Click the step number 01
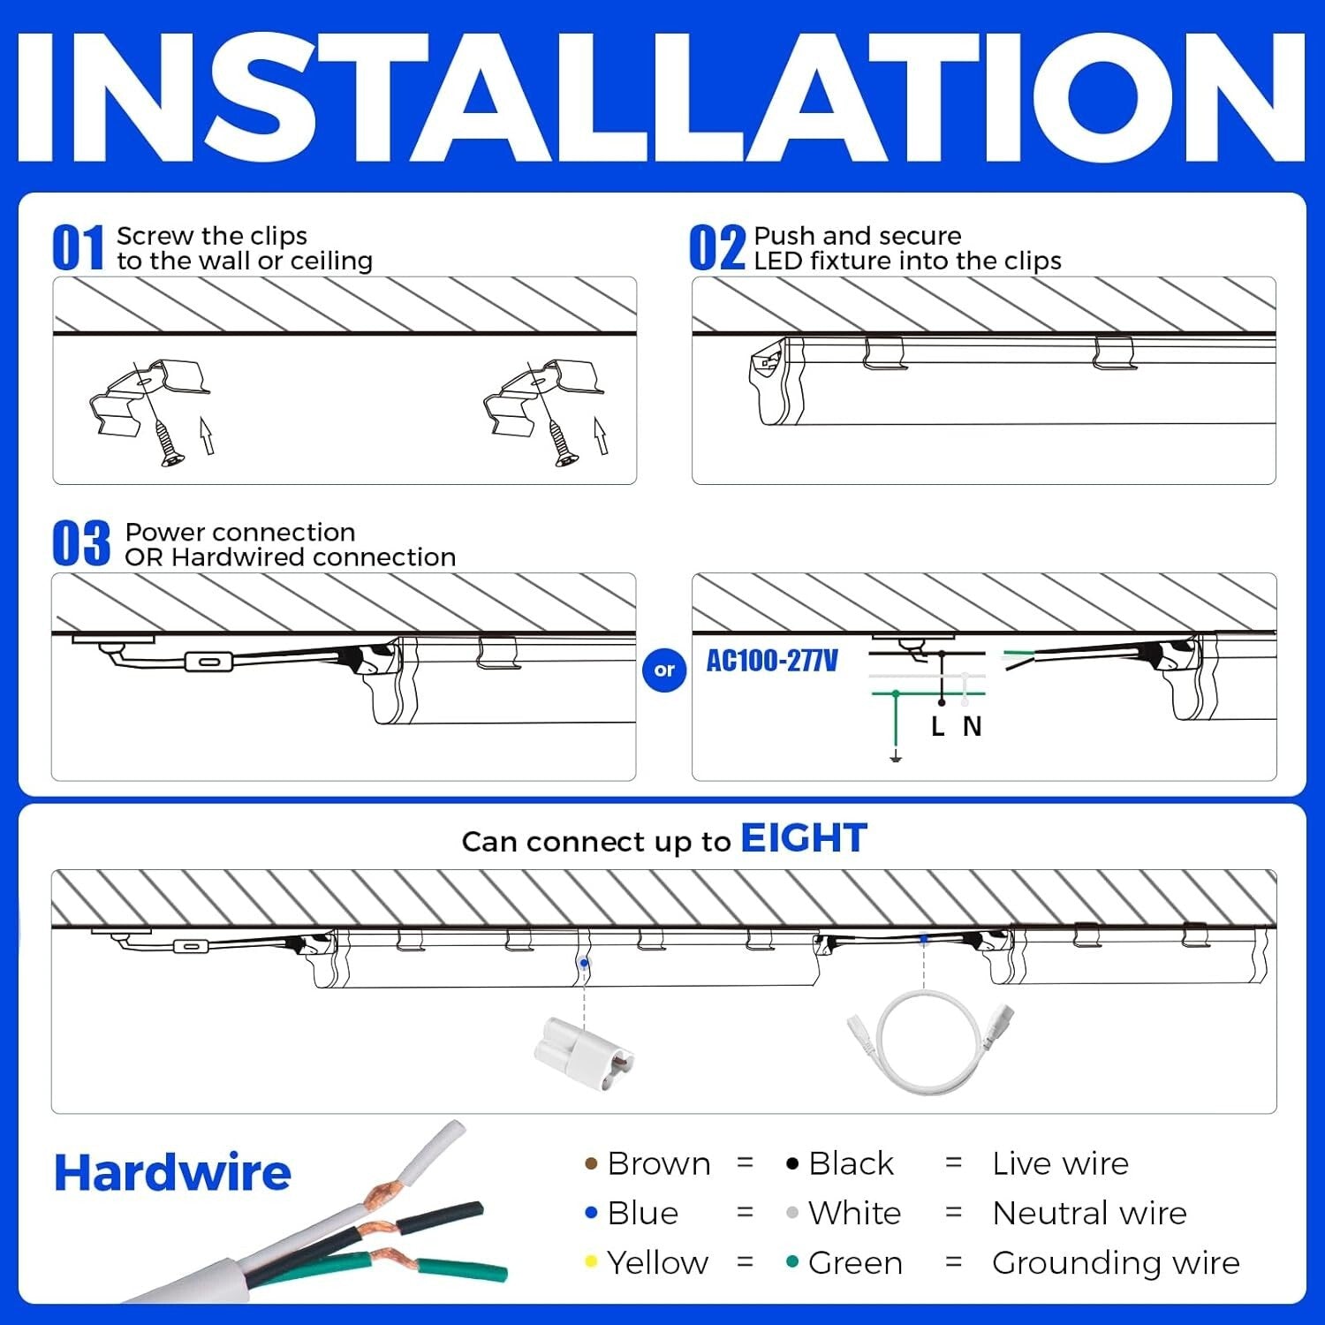[x=78, y=247]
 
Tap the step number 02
[x=716, y=247]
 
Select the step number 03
[x=80, y=543]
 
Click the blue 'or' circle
[x=664, y=670]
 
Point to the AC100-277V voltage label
[x=772, y=661]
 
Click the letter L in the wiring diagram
[x=938, y=727]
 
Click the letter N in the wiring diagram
[x=973, y=727]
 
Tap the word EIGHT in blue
[x=803, y=838]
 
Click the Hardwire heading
[x=172, y=1173]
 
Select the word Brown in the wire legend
[x=658, y=1164]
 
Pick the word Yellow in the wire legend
[x=657, y=1263]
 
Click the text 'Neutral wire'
[x=1089, y=1214]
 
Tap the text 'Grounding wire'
[x=1115, y=1263]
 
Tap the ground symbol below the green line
[x=896, y=756]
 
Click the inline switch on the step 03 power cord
[x=208, y=662]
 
